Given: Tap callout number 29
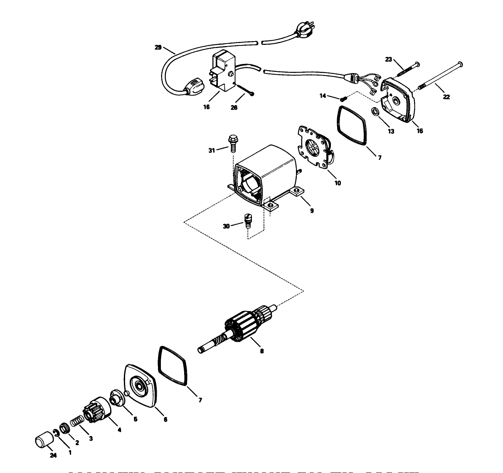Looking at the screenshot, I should click(x=158, y=47).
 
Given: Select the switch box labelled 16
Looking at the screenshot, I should click(x=223, y=73).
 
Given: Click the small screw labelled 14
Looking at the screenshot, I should click(x=343, y=99).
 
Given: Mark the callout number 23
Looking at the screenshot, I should click(x=388, y=59).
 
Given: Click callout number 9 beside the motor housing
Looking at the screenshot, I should click(x=312, y=211).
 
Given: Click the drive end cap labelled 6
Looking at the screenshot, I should click(x=139, y=386).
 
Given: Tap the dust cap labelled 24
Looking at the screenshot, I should click(x=42, y=440).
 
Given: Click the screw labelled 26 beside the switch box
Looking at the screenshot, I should click(x=246, y=91).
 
